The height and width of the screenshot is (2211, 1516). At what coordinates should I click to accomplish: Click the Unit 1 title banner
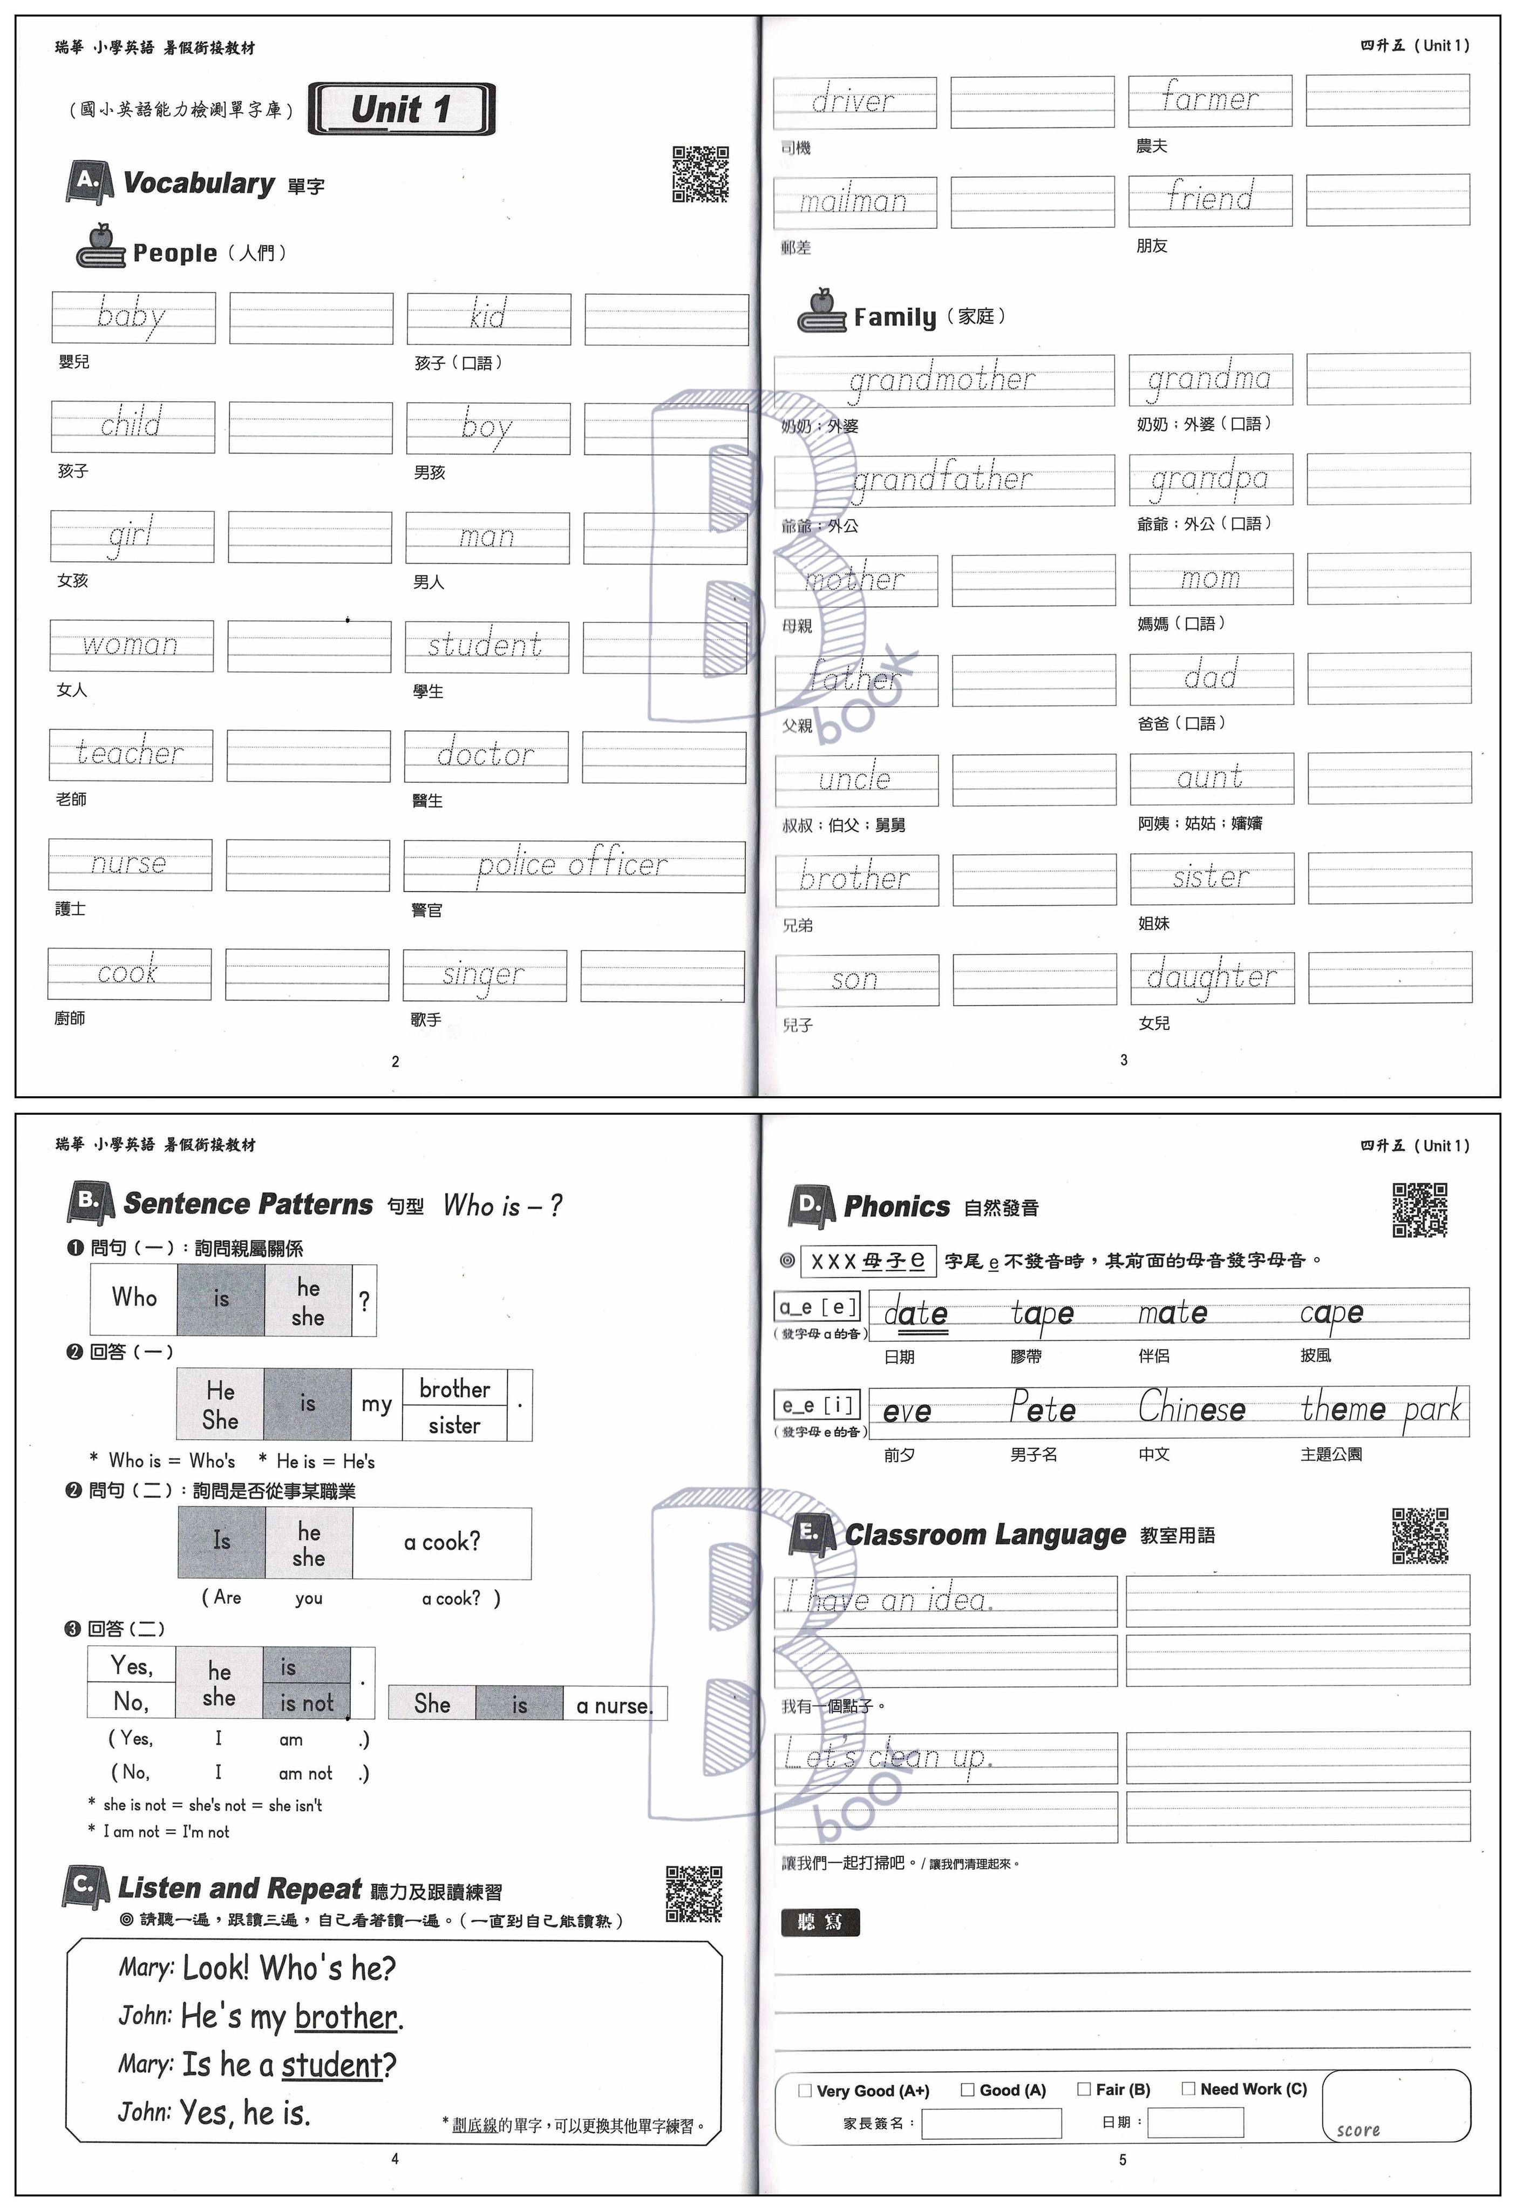coord(402,110)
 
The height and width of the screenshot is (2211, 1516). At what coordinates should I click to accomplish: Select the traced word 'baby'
coord(131,315)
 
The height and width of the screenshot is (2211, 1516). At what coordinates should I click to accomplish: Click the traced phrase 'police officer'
coord(573,865)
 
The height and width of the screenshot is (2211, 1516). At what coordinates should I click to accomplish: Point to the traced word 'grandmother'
coord(942,379)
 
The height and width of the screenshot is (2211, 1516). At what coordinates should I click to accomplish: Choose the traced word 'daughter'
coord(1211,977)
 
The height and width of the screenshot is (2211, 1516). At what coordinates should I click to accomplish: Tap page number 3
coord(1123,1060)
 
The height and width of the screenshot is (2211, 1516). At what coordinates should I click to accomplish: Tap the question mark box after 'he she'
coord(364,1300)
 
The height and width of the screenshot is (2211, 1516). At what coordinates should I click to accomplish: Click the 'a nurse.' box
coord(614,1706)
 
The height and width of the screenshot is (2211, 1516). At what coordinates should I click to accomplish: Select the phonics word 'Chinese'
coord(1192,1408)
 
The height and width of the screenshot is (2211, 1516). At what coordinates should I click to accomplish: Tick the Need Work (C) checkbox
coord(1188,2088)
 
